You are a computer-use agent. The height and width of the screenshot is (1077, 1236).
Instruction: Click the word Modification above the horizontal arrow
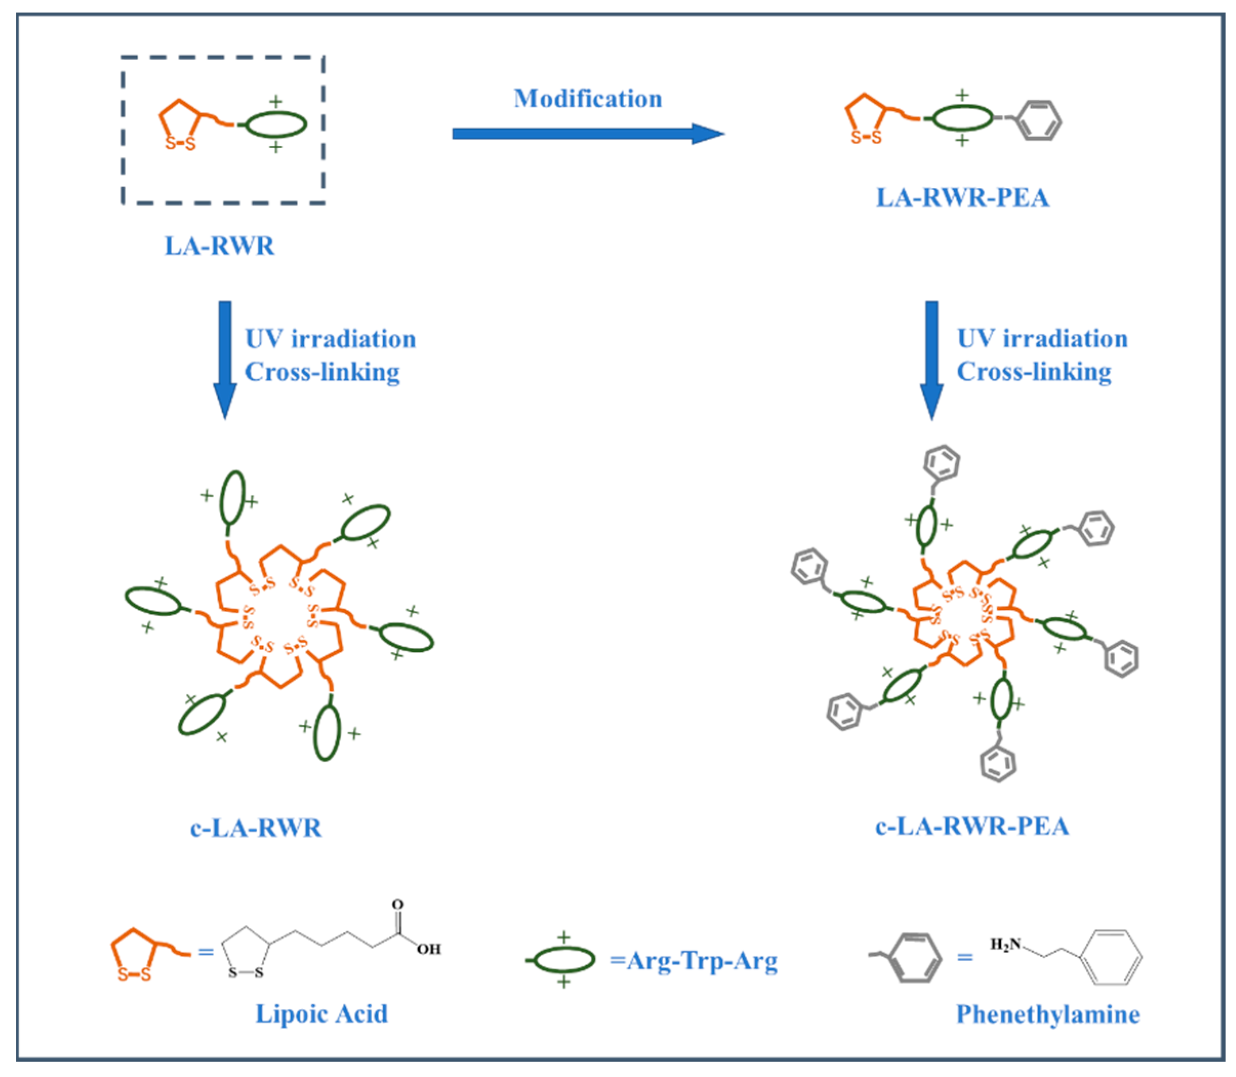click(587, 99)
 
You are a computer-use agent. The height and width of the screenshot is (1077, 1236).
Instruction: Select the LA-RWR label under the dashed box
click(219, 246)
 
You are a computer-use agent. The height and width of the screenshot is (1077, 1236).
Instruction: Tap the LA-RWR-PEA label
click(962, 198)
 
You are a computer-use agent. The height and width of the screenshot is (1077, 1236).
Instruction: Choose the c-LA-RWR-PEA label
click(972, 826)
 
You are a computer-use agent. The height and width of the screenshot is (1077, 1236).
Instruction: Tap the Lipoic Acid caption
click(321, 1014)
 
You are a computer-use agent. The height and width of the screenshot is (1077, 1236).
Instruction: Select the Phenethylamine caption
click(1047, 1014)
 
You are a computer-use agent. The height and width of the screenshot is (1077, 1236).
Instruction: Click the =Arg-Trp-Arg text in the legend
click(694, 961)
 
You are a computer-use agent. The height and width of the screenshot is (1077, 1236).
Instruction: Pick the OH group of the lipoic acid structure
click(428, 949)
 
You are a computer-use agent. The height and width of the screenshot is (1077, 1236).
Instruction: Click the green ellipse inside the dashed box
click(276, 125)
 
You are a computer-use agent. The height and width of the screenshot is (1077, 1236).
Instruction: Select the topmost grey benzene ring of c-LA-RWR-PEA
click(941, 463)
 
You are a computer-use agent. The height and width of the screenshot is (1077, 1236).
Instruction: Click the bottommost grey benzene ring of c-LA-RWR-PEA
click(998, 763)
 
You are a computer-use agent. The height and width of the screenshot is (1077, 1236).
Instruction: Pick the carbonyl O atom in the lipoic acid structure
click(397, 905)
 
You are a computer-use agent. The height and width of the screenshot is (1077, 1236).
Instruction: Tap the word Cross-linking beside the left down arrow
click(322, 372)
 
